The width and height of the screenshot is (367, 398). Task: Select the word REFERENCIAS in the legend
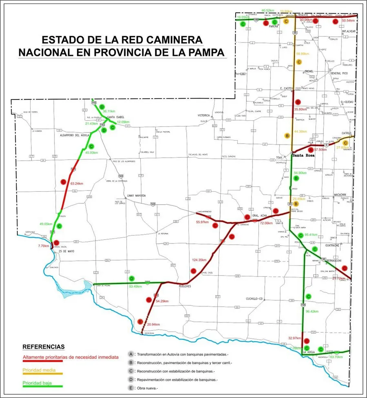tap(43, 347)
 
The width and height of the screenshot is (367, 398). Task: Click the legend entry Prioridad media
tap(39, 370)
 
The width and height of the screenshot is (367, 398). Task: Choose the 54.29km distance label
tap(162, 301)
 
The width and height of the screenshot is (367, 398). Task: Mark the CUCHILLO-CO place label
tap(256, 298)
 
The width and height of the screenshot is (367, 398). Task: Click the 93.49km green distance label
tap(135, 286)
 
